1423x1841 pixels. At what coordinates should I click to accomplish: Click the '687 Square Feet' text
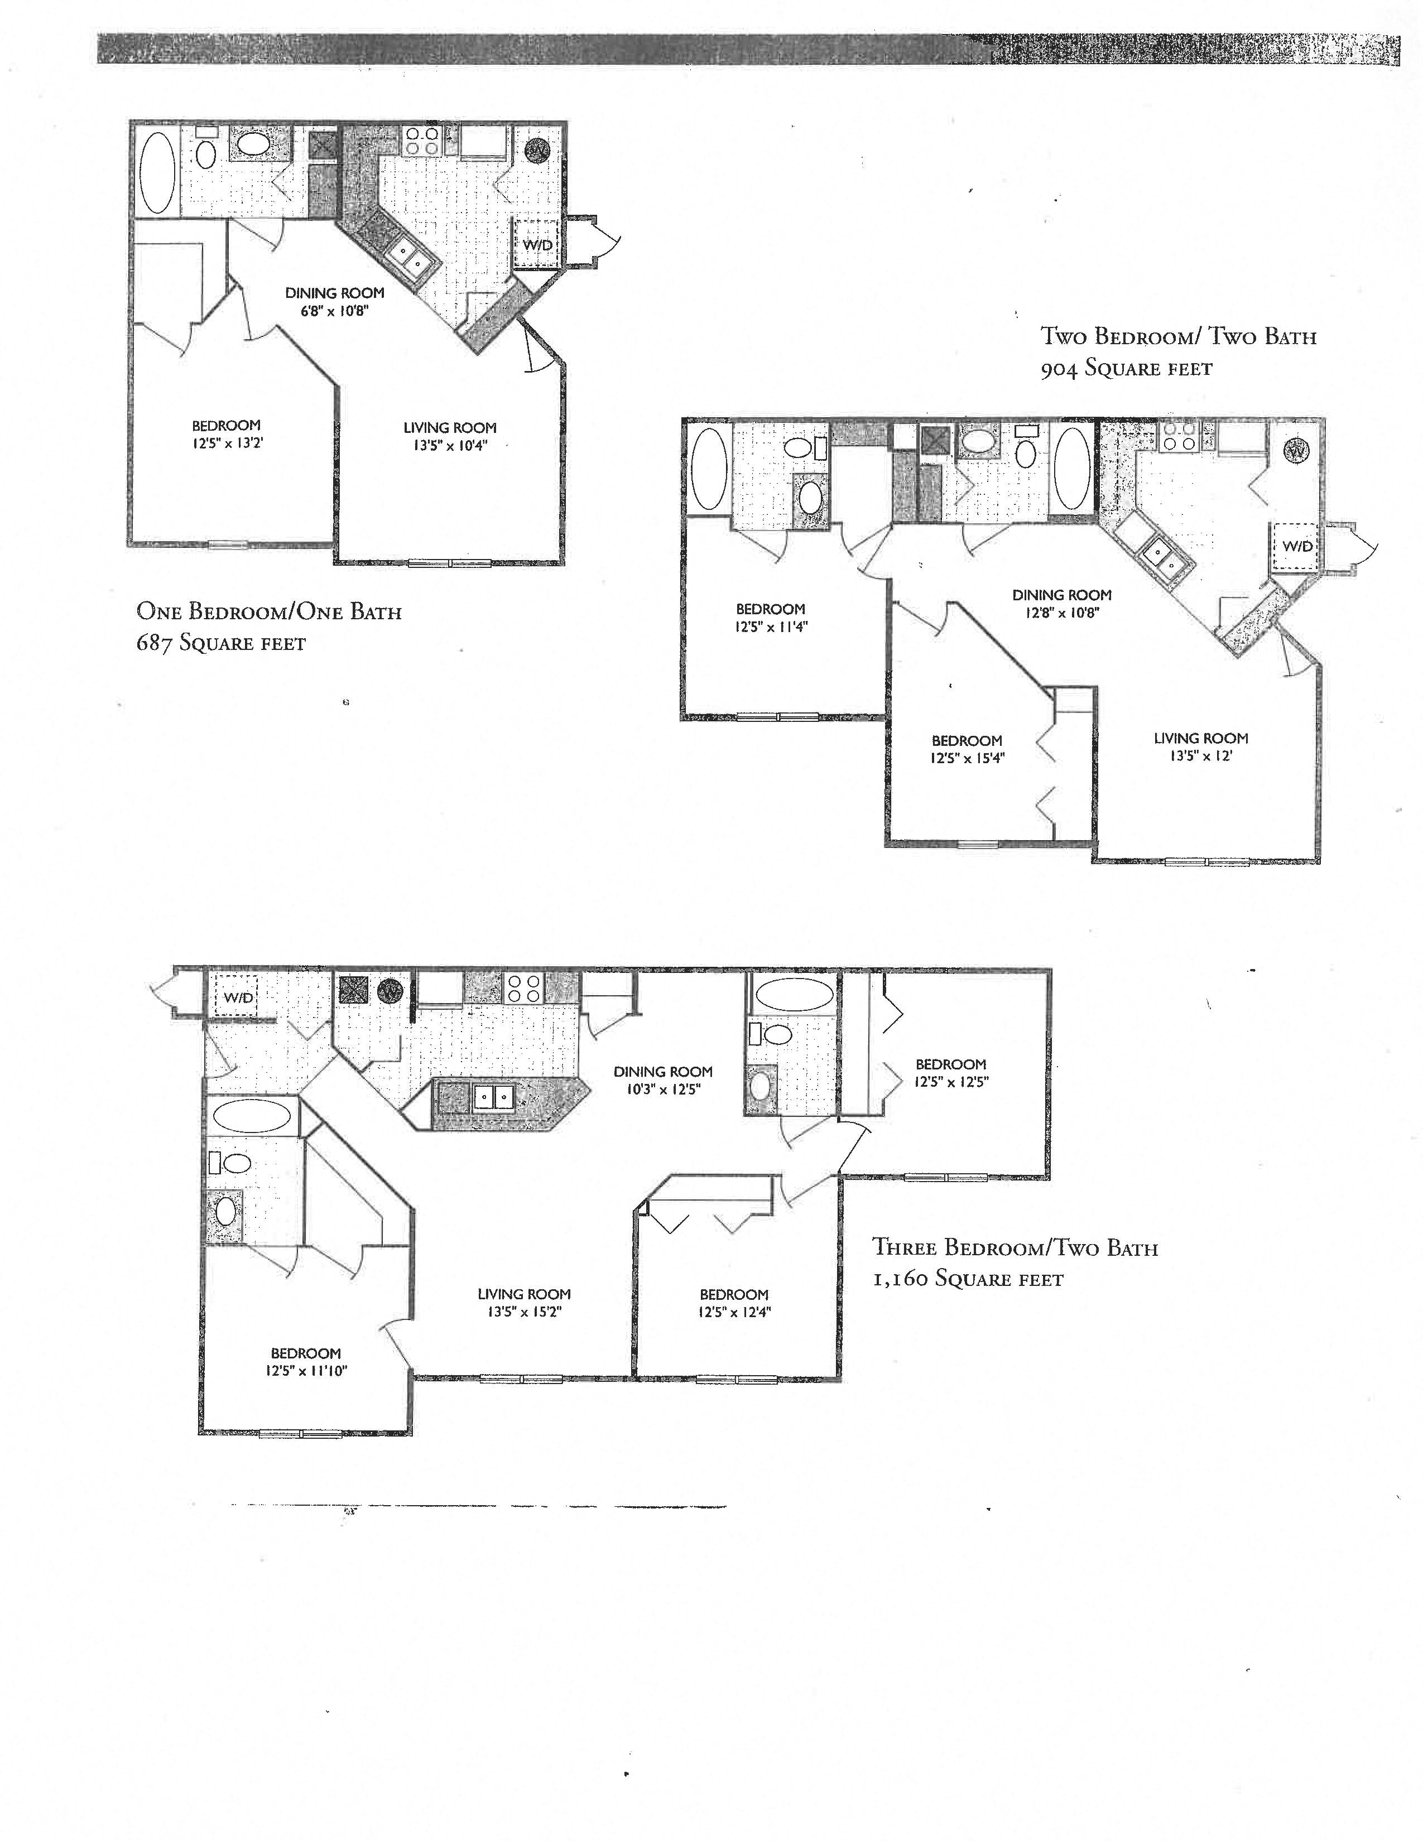click(x=221, y=644)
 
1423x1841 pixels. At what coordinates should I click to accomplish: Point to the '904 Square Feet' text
click(x=1126, y=368)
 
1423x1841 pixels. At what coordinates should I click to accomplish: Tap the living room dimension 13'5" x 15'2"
click(x=523, y=1312)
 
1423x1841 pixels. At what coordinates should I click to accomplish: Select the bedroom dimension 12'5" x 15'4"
click(x=967, y=758)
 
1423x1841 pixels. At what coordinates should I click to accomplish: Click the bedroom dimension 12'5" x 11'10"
click(x=306, y=1371)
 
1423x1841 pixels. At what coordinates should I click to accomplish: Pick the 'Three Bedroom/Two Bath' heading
click(x=1015, y=1247)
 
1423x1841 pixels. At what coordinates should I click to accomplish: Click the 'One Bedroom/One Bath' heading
click(x=269, y=611)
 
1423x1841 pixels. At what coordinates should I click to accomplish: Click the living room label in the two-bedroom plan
click(x=1200, y=739)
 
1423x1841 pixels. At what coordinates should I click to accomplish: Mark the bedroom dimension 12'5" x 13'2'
click(x=226, y=444)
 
